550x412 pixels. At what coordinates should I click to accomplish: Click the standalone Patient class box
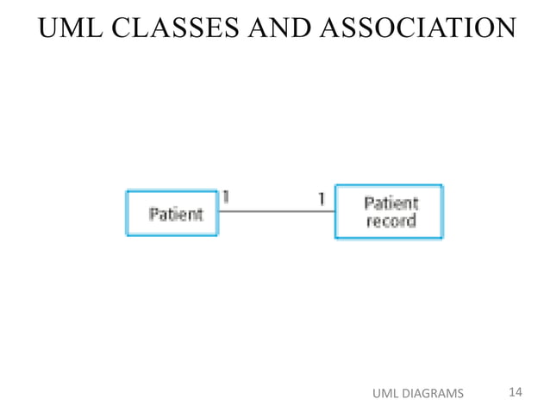point(172,213)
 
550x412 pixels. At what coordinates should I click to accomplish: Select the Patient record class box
point(389,211)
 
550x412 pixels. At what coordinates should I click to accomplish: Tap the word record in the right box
point(391,221)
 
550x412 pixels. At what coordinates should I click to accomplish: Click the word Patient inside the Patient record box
point(391,203)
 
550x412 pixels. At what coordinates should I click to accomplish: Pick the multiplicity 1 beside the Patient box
point(225,197)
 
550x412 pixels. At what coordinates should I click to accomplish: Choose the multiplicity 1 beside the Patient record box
point(322,198)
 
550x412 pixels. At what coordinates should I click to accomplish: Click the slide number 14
point(516,393)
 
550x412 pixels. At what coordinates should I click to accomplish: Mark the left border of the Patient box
point(127,213)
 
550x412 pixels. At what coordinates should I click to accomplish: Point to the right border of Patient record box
point(442,211)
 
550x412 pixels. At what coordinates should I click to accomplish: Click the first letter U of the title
point(47,28)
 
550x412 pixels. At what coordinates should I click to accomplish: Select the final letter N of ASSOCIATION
point(507,28)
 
